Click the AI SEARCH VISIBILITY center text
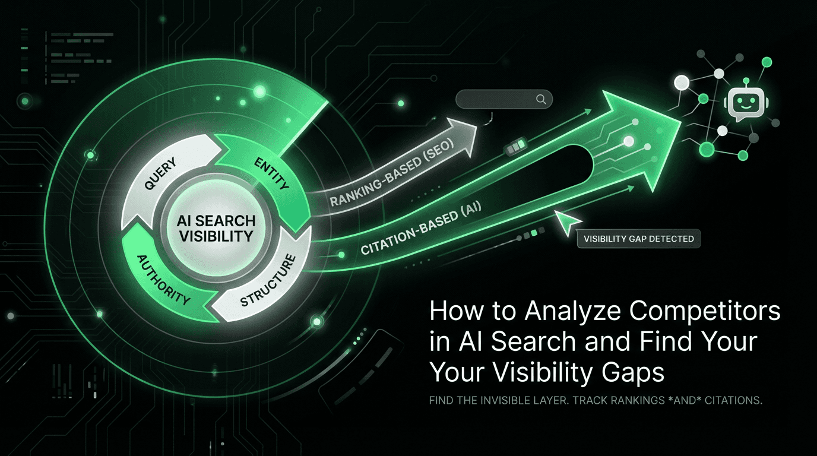pyautogui.click(x=216, y=228)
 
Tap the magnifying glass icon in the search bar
pyautogui.click(x=541, y=100)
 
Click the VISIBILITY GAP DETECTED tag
pyautogui.click(x=638, y=239)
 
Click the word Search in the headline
pyautogui.click(x=525, y=343)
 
